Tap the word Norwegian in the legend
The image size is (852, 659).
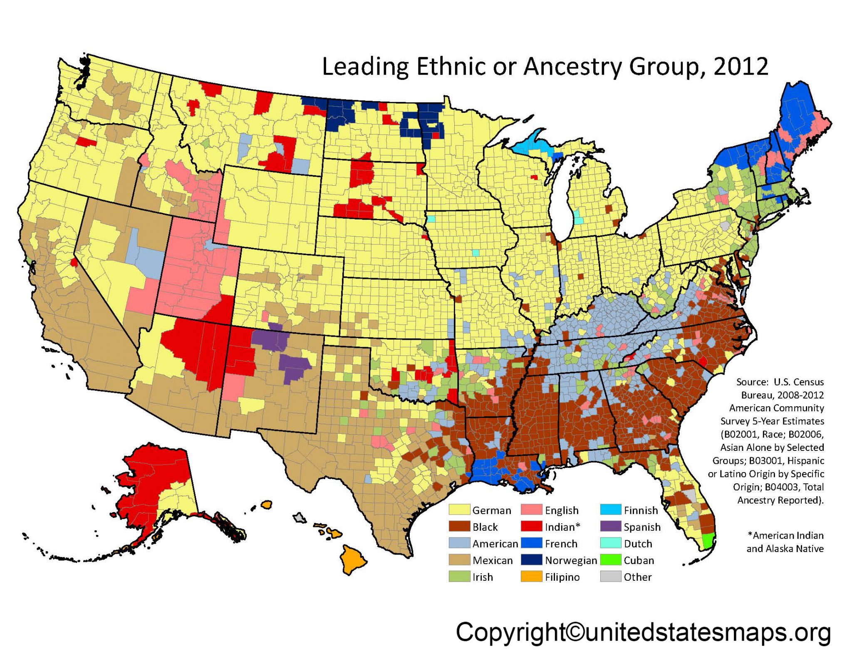pyautogui.click(x=571, y=560)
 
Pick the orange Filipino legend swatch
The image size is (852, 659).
pyautogui.click(x=532, y=577)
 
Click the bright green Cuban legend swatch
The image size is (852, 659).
pyautogui.click(x=611, y=560)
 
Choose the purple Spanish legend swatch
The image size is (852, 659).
pyautogui.click(x=611, y=527)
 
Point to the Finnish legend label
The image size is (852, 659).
pyautogui.click(x=641, y=510)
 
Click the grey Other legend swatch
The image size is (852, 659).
pyautogui.click(x=611, y=577)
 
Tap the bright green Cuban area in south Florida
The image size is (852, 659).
pyautogui.click(x=708, y=541)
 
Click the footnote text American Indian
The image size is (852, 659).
pyautogui.click(x=788, y=535)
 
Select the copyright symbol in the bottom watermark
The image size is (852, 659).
pyautogui.click(x=575, y=632)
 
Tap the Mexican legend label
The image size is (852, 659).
pyautogui.click(x=493, y=560)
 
